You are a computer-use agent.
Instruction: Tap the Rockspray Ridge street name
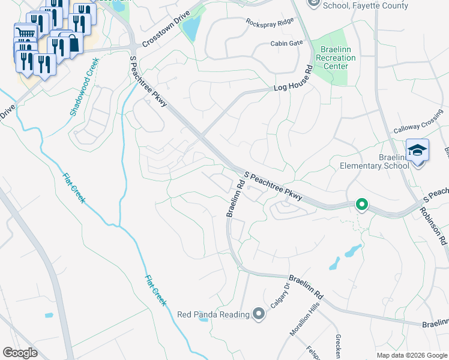pos(270,21)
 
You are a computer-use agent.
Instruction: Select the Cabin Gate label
pos(287,43)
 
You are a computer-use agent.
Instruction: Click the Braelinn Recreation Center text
pos(336,58)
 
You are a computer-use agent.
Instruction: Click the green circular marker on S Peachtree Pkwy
pos(361,205)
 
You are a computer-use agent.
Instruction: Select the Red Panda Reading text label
pos(213,314)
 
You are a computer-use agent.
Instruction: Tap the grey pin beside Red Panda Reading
pos(259,314)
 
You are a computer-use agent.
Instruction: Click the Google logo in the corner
pos(20,352)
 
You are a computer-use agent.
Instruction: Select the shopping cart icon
pos(25,34)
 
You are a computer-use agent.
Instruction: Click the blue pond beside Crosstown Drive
pos(191,28)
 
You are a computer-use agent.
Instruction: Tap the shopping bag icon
pos(73,44)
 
